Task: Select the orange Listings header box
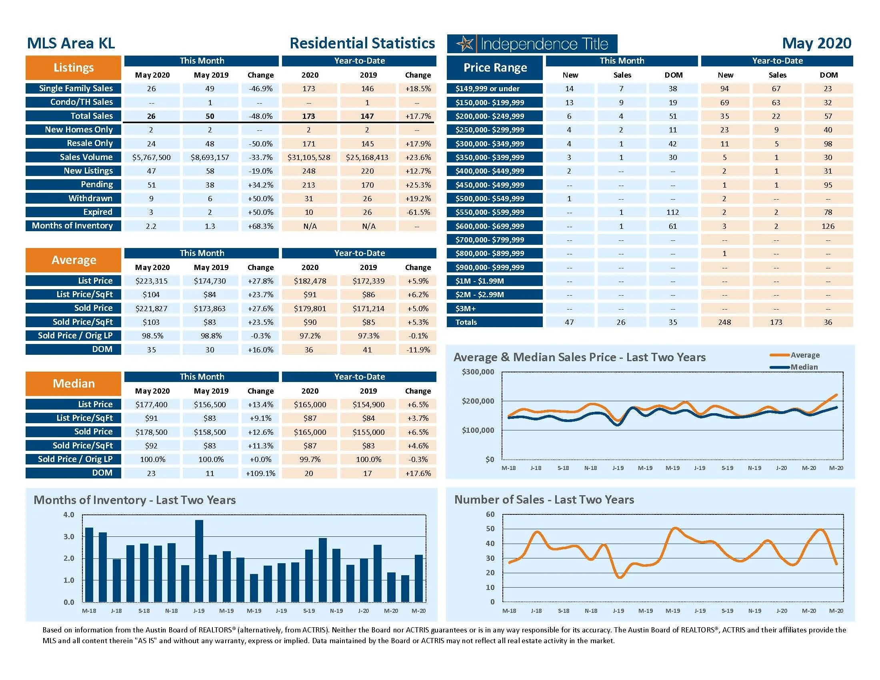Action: (x=73, y=68)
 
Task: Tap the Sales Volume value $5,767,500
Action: (x=152, y=158)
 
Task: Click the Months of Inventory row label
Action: (x=72, y=226)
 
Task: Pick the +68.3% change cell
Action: (x=260, y=226)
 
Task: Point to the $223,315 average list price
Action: (x=152, y=281)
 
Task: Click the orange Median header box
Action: (x=73, y=384)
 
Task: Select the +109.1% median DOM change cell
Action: (x=260, y=473)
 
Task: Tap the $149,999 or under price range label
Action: (x=488, y=89)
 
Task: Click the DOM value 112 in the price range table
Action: (x=672, y=212)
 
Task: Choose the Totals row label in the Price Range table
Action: (x=466, y=322)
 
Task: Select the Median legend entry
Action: (x=804, y=367)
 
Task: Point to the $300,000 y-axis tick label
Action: (x=478, y=372)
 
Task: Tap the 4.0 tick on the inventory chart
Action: (x=69, y=515)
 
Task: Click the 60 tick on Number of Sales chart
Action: (x=490, y=514)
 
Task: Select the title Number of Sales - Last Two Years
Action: (x=544, y=500)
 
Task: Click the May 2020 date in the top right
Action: (x=816, y=44)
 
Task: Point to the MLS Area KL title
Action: (x=71, y=44)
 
